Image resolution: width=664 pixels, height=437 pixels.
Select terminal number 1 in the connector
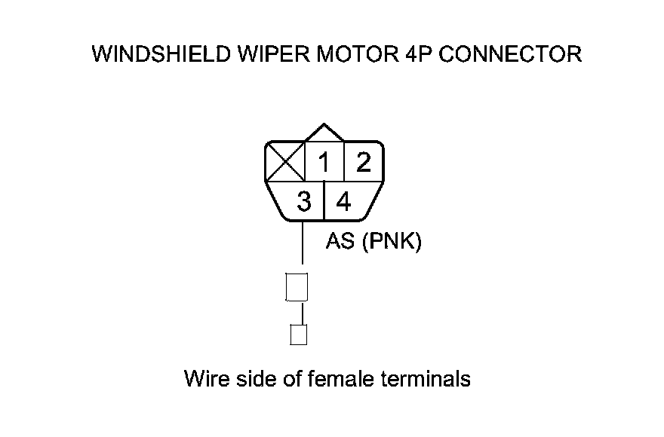[x=324, y=163]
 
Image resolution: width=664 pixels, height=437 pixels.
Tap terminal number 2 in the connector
[x=364, y=163]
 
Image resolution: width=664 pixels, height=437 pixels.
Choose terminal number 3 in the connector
[x=304, y=202]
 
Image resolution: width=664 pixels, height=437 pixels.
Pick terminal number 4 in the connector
[x=343, y=202]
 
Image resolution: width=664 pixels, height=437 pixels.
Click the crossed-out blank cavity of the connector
[x=284, y=162]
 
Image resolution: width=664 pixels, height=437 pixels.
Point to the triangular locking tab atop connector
[x=324, y=133]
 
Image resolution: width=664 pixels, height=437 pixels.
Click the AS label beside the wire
[x=340, y=243]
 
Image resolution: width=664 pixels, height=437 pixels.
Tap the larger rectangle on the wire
[x=297, y=287]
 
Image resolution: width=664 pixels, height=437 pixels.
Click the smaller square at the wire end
[x=299, y=335]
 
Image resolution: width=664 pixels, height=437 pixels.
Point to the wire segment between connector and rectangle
[x=303, y=245]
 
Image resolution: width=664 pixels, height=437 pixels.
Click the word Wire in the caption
[x=205, y=377]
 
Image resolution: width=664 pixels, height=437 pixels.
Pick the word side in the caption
[x=256, y=377]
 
